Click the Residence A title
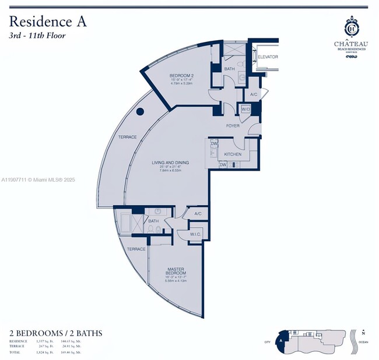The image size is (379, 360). coord(48,22)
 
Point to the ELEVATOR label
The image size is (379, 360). coord(268,57)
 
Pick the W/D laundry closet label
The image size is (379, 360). coord(246,109)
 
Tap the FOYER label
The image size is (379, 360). coord(233,126)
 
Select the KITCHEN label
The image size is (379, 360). coord(233,154)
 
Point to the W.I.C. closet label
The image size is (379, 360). coord(195,234)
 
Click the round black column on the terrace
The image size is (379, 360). coord(140,112)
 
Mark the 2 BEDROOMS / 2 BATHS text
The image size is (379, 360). coord(56,333)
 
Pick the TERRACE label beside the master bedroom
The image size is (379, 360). coord(136,249)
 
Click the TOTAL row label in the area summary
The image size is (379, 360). coord(16,352)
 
